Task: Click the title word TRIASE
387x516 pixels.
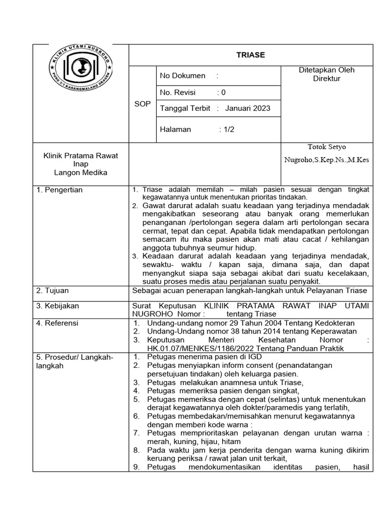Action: tap(250, 55)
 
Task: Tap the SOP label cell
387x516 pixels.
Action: tap(143, 103)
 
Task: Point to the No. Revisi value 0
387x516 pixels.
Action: tap(223, 93)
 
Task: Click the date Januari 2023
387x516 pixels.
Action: tap(247, 108)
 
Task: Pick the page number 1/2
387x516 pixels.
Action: tap(229, 129)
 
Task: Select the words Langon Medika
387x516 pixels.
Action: tap(81, 172)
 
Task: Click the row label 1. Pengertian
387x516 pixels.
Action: tap(59, 190)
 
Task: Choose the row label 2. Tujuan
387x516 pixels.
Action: tap(52, 291)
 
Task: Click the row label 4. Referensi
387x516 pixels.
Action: tap(56, 323)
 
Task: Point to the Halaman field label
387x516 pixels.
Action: tap(175, 129)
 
